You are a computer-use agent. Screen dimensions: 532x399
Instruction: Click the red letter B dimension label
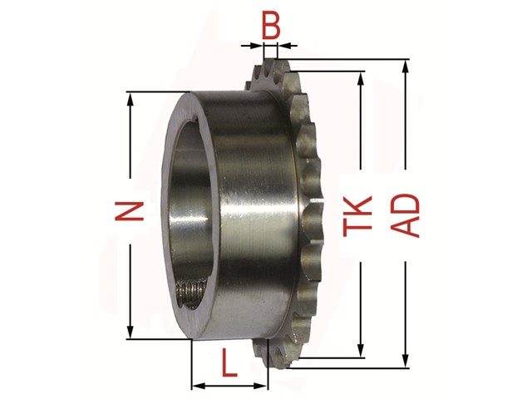click(271, 27)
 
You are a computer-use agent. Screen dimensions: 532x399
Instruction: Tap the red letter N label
click(130, 211)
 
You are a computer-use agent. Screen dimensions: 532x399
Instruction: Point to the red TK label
click(357, 216)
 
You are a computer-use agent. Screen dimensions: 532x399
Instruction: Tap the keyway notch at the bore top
click(195, 119)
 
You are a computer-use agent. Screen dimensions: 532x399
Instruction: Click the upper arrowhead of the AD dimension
click(405, 66)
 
